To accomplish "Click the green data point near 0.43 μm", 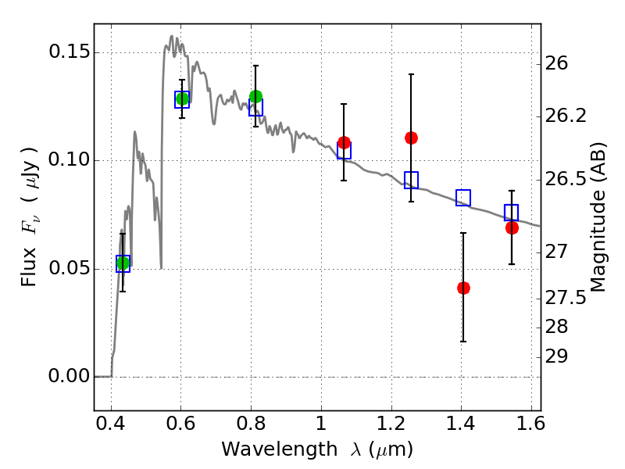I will pos(123,263).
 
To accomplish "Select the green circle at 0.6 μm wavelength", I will pos(182,98).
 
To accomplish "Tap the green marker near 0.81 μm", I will pos(255,96).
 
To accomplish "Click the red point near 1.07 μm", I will pos(344,142).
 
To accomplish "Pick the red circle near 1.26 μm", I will pos(411,138).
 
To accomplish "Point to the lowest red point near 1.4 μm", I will pos(463,288).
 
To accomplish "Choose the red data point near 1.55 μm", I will pos(512,227).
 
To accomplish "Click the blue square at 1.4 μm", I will pos(463,198).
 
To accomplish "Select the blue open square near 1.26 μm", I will pos(411,180).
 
